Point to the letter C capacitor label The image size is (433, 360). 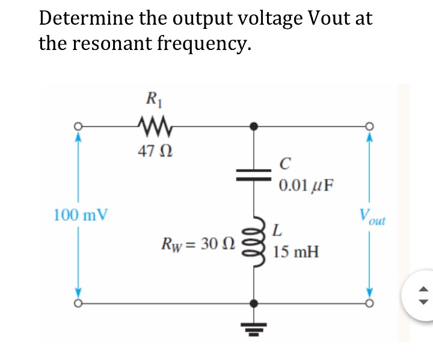[285, 163]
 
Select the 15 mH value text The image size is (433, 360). [295, 251]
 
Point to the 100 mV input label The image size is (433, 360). [81, 214]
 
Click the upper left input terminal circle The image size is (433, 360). [77, 126]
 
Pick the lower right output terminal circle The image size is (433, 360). [369, 303]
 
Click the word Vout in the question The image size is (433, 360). [328, 19]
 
